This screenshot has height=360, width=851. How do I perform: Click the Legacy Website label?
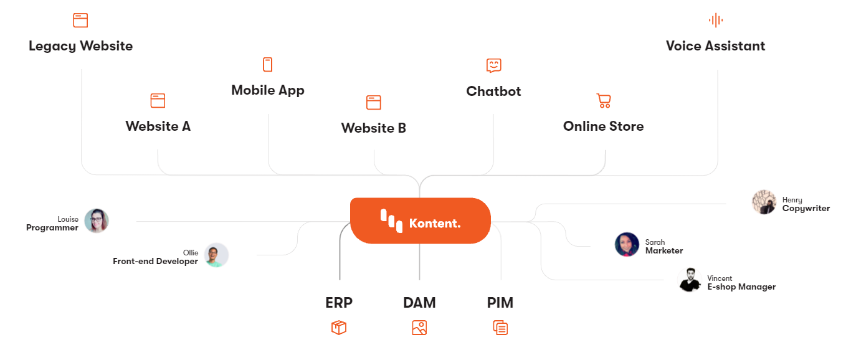click(x=80, y=46)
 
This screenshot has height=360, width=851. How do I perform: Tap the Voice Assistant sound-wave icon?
click(x=716, y=21)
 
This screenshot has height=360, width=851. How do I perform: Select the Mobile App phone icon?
click(x=268, y=65)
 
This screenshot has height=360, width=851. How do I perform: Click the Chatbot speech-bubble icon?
click(x=494, y=65)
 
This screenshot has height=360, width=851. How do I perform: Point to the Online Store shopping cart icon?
click(x=603, y=101)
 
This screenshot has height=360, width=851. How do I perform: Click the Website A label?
click(x=158, y=126)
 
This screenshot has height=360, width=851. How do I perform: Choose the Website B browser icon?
click(x=374, y=103)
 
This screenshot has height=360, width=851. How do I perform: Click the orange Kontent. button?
click(x=421, y=221)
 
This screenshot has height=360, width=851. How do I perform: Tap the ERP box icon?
click(x=339, y=328)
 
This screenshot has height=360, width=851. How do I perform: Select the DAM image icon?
click(x=419, y=328)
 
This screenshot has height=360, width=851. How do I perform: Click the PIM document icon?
click(x=500, y=328)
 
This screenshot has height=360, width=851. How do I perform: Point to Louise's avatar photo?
click(x=97, y=221)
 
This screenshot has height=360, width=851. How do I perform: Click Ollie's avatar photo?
click(x=216, y=255)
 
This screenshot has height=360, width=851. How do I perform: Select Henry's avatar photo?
click(x=764, y=202)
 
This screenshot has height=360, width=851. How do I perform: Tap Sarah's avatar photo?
click(x=627, y=245)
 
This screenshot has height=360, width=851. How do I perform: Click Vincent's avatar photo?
click(x=689, y=280)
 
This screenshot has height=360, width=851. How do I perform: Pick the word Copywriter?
click(x=806, y=209)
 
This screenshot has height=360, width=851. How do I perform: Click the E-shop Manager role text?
click(x=741, y=287)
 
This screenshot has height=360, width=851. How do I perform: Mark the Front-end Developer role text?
click(x=155, y=262)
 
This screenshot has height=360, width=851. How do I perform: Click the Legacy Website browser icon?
click(x=80, y=21)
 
